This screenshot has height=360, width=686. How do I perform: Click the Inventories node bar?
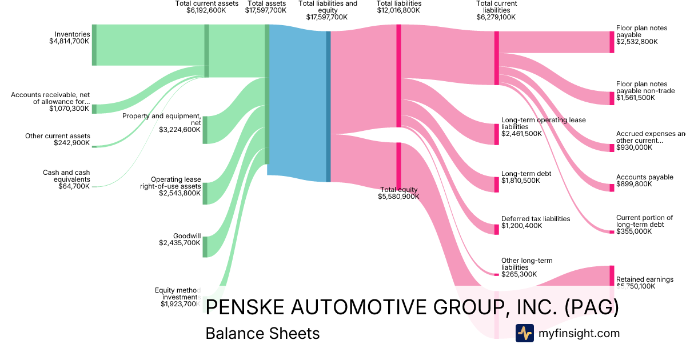pos(94,45)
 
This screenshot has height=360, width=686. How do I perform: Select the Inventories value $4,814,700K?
pos(69,41)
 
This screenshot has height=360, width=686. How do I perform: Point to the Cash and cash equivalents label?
pos(66,176)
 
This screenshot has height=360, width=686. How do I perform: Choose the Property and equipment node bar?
pos(205,130)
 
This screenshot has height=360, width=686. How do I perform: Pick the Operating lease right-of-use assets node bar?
pos(205,193)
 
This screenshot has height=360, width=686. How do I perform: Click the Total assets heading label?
pos(266,3)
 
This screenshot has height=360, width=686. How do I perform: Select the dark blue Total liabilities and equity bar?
pos(328,106)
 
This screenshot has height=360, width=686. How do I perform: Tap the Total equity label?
pos(399,190)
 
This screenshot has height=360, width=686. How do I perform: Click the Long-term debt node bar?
pos(496,185)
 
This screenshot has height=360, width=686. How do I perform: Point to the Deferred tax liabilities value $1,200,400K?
pos(522,226)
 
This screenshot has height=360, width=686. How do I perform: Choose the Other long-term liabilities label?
pos(527,264)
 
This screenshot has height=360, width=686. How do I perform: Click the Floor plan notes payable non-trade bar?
pos(612,98)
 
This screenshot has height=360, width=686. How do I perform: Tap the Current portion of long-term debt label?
pos(644,221)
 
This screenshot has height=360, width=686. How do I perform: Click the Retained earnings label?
pos(644,279)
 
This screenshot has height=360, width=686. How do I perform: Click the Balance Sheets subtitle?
pos(262,333)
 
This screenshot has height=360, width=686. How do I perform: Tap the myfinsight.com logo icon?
pos(524,333)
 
